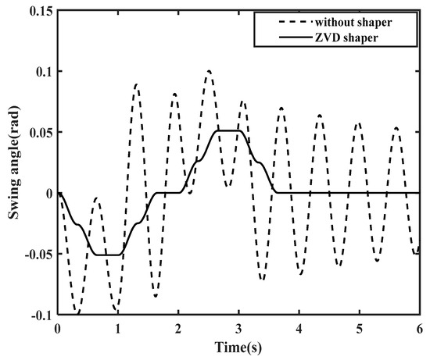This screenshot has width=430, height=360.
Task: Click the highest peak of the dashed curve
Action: (209, 71)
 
